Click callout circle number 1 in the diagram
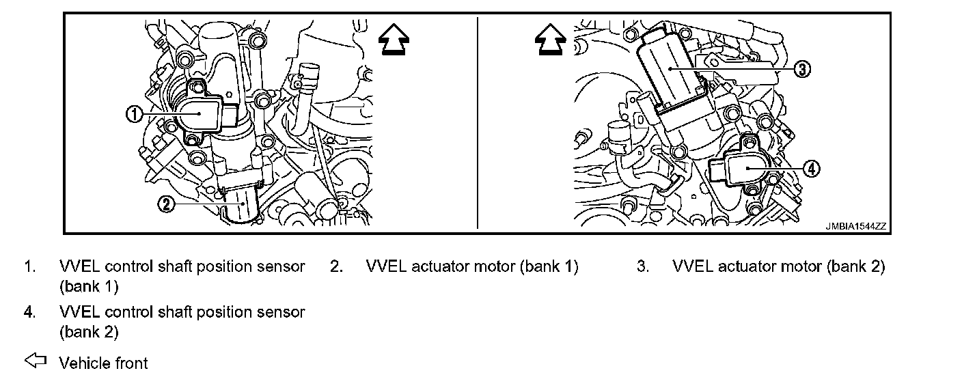[x=135, y=115]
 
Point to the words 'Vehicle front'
[x=103, y=363]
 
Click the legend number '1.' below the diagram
[x=30, y=266]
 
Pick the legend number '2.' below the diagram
[x=336, y=266]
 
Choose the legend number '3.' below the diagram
[x=642, y=266]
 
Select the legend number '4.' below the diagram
[x=30, y=312]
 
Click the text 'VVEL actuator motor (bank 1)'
[x=472, y=266]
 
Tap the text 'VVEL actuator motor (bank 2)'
[x=779, y=266]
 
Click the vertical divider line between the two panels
[x=478, y=123]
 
